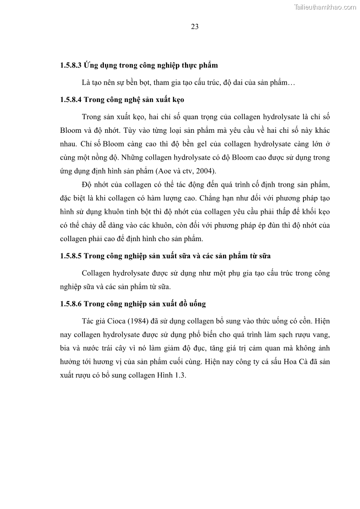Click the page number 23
point(195,26)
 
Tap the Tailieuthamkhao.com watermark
point(325,7)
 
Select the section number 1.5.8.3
point(70,65)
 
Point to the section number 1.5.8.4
point(70,99)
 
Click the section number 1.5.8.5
point(70,256)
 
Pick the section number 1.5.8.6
point(70,304)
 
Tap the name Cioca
point(115,321)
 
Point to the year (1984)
point(137,321)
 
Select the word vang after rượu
point(320,335)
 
